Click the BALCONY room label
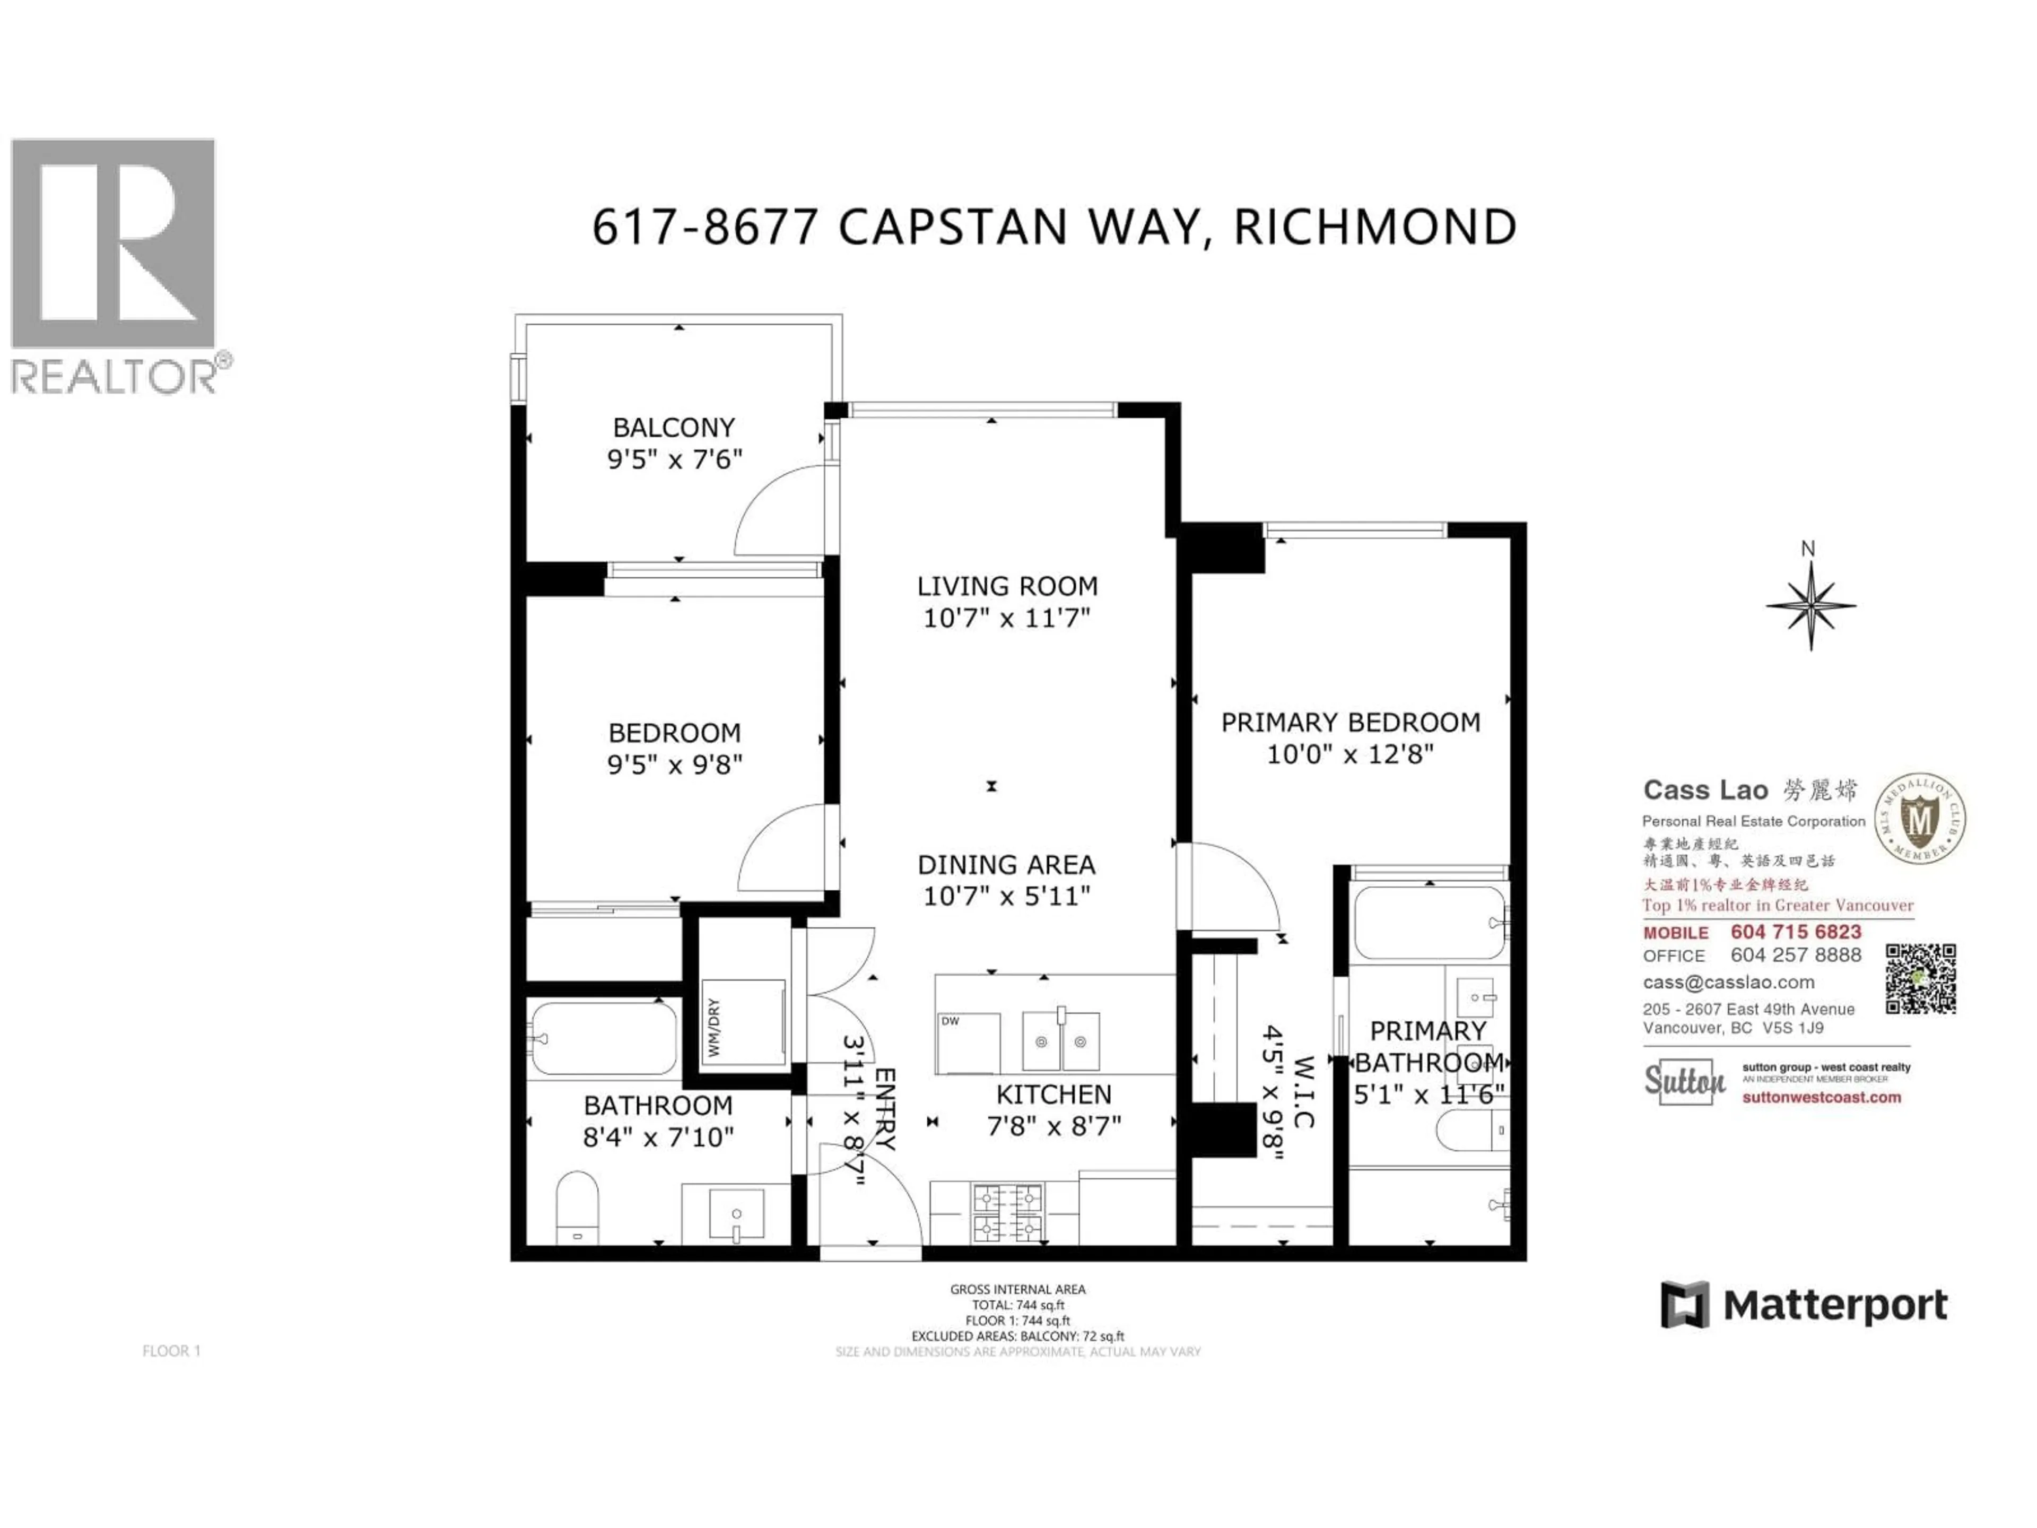click(x=674, y=427)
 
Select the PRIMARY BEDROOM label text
click(x=1350, y=722)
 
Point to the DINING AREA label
click(x=1006, y=865)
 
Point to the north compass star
click(x=1810, y=606)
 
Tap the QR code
click(x=1920, y=979)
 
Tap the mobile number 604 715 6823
click(x=1796, y=932)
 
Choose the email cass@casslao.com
click(x=1728, y=982)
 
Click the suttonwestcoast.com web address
click(x=1821, y=1097)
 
